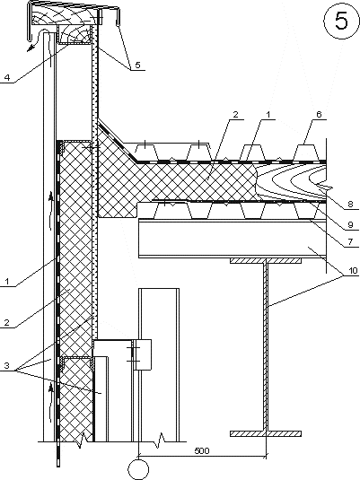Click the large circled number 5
tap(341, 21)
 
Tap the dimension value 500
tap(202, 451)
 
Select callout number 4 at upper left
tap(7, 77)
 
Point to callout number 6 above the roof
tap(319, 114)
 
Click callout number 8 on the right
tap(350, 204)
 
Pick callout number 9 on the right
tap(350, 224)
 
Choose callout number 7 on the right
tap(350, 242)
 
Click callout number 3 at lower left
tap(7, 365)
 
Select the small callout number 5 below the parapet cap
tap(137, 65)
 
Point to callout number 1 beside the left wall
tap(7, 281)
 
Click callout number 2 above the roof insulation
tap(235, 115)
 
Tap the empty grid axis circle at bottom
tap(139, 469)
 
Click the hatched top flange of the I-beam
tap(266, 260)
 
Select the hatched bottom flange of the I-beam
tap(266, 433)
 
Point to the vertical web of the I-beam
tap(266, 347)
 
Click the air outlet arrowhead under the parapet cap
tap(30, 48)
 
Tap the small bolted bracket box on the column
tap(142, 354)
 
